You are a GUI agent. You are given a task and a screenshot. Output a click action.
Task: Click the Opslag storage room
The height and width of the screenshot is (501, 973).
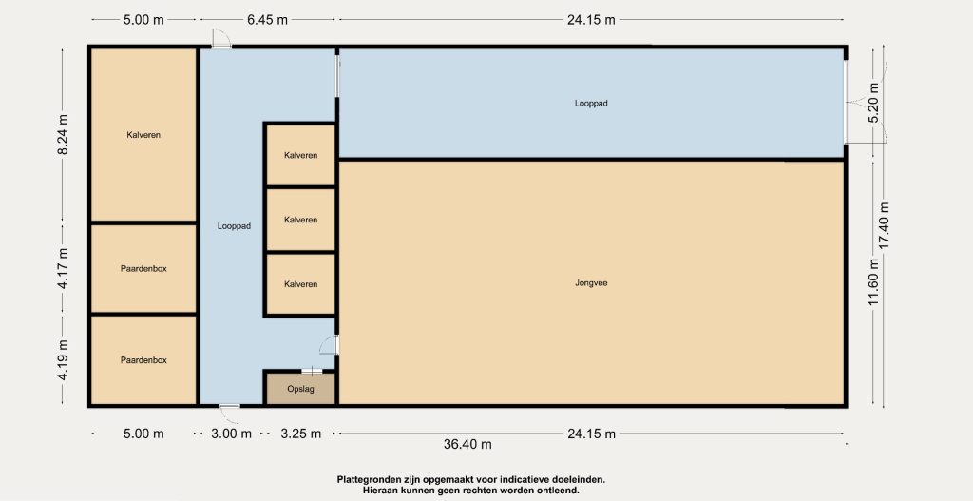pyautogui.click(x=301, y=389)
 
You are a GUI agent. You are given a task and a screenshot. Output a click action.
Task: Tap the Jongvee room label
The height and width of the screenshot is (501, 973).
pyautogui.click(x=591, y=283)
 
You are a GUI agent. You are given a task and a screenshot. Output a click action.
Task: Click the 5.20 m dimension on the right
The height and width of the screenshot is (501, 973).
pyautogui.click(x=874, y=103)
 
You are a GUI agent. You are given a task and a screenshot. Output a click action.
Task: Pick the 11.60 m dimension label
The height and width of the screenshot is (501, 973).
pyautogui.click(x=874, y=281)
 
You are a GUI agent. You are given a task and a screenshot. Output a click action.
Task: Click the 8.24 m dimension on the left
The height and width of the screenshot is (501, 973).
pyautogui.click(x=63, y=135)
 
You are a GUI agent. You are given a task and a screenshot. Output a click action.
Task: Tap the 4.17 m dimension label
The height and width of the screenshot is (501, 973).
pyautogui.click(x=63, y=268)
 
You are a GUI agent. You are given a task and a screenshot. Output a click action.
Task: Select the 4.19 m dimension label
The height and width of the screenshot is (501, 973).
pyautogui.click(x=63, y=360)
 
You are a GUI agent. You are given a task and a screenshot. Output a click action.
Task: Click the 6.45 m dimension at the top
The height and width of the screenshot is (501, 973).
pyautogui.click(x=267, y=19)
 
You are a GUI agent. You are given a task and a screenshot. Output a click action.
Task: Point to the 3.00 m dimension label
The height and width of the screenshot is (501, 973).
pyautogui.click(x=232, y=434)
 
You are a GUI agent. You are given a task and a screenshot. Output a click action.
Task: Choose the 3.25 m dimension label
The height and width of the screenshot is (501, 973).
pyautogui.click(x=301, y=434)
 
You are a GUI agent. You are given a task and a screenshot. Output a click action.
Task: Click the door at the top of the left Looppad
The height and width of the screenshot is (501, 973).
pyautogui.click(x=220, y=38)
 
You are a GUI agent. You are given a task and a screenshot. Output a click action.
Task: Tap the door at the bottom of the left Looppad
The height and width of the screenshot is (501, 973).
pyautogui.click(x=230, y=406)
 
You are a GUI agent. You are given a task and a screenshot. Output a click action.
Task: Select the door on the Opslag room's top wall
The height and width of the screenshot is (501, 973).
pyautogui.click(x=312, y=372)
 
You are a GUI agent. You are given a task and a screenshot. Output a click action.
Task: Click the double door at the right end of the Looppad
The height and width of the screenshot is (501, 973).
pyautogui.click(x=850, y=103)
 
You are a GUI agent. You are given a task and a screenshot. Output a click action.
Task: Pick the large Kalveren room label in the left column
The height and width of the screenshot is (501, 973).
pyautogui.click(x=144, y=135)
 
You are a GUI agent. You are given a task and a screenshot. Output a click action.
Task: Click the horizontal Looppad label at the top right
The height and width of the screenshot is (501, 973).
pyautogui.click(x=591, y=104)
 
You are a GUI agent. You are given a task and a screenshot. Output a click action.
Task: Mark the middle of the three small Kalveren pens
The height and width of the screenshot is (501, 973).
pyautogui.click(x=301, y=220)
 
